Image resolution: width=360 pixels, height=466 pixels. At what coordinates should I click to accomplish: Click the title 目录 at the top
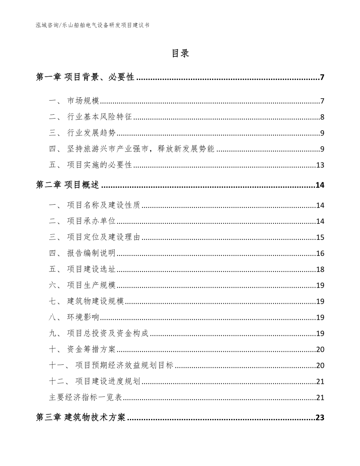click(x=180, y=54)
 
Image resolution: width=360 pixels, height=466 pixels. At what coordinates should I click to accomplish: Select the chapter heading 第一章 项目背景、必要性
click(x=85, y=77)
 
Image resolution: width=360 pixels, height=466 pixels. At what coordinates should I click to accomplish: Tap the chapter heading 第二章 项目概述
click(x=68, y=185)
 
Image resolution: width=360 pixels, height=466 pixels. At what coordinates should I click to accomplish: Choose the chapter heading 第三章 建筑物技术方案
click(x=81, y=418)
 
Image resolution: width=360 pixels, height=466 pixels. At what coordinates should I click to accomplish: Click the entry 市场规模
click(x=83, y=102)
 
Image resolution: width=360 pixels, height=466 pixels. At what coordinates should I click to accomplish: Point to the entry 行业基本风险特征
click(x=100, y=117)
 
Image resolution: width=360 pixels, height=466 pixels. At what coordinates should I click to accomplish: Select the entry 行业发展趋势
click(x=92, y=133)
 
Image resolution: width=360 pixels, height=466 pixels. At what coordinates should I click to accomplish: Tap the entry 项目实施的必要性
click(x=100, y=165)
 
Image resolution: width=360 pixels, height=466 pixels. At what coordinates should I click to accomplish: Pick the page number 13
click(x=320, y=165)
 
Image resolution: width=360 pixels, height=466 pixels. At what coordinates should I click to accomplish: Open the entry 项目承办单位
click(x=92, y=221)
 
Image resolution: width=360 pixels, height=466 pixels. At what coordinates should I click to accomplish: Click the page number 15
click(x=320, y=237)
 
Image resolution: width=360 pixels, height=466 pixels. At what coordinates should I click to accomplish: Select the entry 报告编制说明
click(x=92, y=254)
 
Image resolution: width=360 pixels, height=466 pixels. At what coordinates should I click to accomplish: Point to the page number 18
click(x=320, y=270)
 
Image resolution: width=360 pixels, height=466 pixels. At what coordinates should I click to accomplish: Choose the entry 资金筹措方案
click(x=92, y=349)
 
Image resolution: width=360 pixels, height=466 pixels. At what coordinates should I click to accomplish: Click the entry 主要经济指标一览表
click(x=86, y=398)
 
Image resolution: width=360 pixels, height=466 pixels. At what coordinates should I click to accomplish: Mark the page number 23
click(x=320, y=418)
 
